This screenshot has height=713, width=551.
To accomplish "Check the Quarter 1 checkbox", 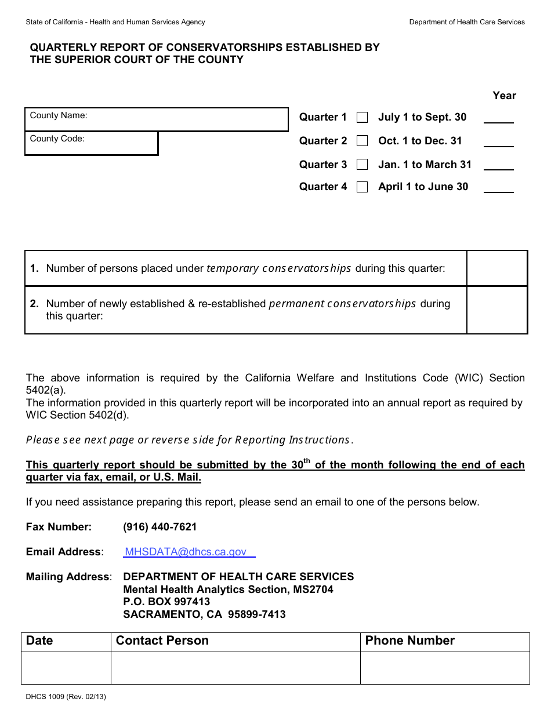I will point(362,118).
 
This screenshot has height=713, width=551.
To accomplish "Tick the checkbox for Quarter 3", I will point(362,165).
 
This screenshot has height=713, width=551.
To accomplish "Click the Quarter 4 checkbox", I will point(362,187).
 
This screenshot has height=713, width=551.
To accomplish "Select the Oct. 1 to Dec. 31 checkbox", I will point(362,141).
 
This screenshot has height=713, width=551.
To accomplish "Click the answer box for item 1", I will point(496,268).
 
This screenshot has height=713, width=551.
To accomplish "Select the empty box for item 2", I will point(496,310).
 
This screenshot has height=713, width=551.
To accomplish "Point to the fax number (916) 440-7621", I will point(159,527).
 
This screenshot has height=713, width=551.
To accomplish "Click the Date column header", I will point(39,641).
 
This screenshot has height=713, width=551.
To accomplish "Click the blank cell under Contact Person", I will point(235,668).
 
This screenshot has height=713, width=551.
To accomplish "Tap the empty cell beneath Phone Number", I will point(444,668).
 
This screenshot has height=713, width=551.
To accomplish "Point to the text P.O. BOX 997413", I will point(166,602).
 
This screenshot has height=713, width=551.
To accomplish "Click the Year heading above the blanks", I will point(504,96).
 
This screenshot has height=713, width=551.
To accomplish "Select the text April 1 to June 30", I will point(423,187).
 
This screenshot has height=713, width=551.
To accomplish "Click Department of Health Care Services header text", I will point(466,22).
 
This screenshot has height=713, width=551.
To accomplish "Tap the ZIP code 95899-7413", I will point(257,614).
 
